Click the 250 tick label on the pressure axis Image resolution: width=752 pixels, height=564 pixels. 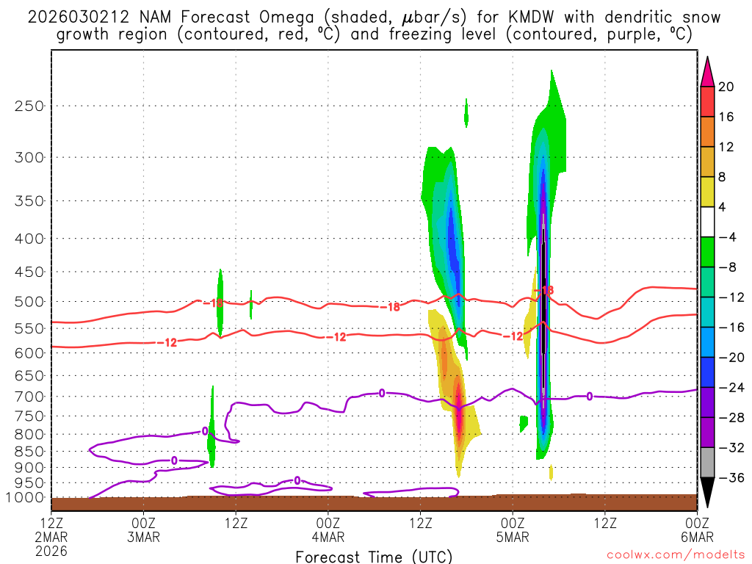(x=29, y=106)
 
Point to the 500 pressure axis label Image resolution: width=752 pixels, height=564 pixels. (x=29, y=301)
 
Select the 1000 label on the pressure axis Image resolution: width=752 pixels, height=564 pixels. (x=25, y=498)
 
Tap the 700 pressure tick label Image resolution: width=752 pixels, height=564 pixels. (x=29, y=397)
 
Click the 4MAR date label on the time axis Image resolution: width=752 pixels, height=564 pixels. (x=328, y=536)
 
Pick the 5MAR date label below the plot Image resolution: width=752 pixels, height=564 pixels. (x=513, y=536)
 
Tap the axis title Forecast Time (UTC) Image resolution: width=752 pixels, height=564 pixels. (x=374, y=556)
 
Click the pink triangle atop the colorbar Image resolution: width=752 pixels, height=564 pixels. (x=707, y=71)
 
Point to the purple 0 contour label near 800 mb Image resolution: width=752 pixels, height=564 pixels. (x=205, y=431)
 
